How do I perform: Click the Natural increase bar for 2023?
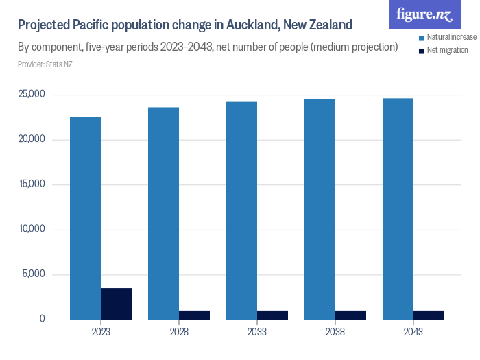pyautogui.click(x=86, y=218)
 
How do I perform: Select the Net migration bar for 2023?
pyautogui.click(x=116, y=304)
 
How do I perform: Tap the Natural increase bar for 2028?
pyautogui.click(x=164, y=213)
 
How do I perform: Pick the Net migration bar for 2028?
pyautogui.click(x=194, y=315)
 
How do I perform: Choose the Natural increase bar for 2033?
pyautogui.click(x=242, y=211)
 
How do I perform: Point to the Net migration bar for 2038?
pyautogui.click(x=350, y=315)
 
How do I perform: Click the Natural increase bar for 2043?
pyautogui.click(x=398, y=209)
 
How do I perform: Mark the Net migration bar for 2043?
pyautogui.click(x=429, y=315)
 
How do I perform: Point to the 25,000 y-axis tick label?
pyautogui.click(x=31, y=95)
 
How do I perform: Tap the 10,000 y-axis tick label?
pyautogui.click(x=31, y=230)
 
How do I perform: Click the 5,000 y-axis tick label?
pyautogui.click(x=33, y=274)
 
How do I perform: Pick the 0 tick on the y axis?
pyautogui.click(x=43, y=320)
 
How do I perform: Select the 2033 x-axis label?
pyautogui.click(x=257, y=332)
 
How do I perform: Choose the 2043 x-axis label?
pyautogui.click(x=413, y=332)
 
